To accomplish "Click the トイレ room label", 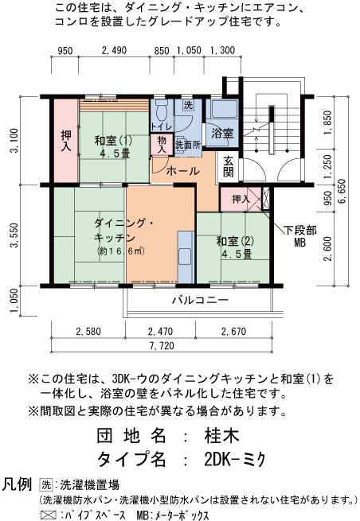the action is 162,126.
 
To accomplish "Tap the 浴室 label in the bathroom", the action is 222,134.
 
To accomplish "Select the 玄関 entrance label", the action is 229,166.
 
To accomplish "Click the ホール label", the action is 182,172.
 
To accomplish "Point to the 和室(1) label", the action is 113,141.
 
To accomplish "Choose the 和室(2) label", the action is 235,241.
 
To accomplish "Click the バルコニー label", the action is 200,301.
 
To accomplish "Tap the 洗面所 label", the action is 188,145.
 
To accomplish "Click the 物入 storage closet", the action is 162,144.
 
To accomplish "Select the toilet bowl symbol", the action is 162,111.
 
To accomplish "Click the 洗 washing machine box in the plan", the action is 188,106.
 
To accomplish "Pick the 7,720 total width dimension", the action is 162,346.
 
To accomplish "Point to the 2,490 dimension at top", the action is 114,50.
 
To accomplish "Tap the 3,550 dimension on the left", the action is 14,235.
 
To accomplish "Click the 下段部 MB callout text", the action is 299,236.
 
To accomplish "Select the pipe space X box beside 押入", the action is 265,198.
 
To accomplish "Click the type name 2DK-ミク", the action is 235,459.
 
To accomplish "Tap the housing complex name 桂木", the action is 222,436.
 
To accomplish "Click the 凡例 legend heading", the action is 18,484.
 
